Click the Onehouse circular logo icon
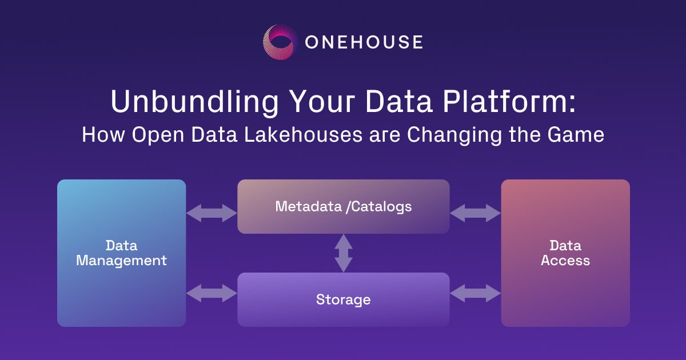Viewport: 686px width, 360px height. pyautogui.click(x=281, y=42)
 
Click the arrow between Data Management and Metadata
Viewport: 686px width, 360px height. pyautogui.click(x=212, y=213)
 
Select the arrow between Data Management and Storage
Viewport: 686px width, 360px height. pyautogui.click(x=212, y=294)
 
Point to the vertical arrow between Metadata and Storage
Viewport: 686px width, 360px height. pyautogui.click(x=343, y=253)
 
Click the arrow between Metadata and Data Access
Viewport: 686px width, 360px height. pyautogui.click(x=475, y=213)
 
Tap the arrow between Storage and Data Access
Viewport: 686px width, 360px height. pyautogui.click(x=475, y=294)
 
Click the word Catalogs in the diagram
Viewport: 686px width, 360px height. pyautogui.click(x=381, y=206)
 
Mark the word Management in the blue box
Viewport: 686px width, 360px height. pyautogui.click(x=121, y=261)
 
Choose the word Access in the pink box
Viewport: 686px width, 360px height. pyautogui.click(x=565, y=261)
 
